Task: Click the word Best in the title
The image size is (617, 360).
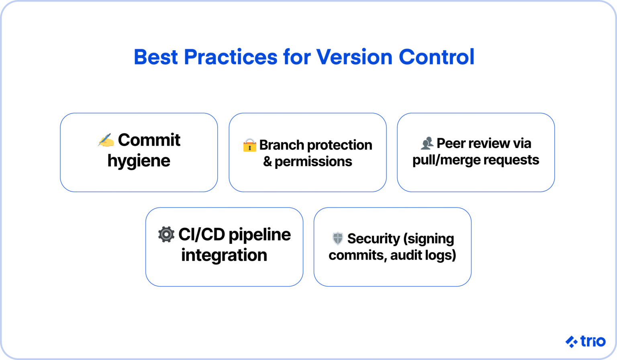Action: coord(155,57)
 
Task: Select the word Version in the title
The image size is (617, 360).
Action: coord(354,57)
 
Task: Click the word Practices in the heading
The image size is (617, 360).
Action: coord(230,57)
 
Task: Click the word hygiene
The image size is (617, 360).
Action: coord(139,161)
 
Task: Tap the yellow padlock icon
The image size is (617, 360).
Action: coord(249,145)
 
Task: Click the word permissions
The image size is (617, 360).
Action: coord(313,162)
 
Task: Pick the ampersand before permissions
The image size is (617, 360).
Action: coord(268,162)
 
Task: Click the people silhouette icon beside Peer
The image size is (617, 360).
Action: coord(427,143)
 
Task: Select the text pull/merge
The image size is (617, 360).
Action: coord(446,160)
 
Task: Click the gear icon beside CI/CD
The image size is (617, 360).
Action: coord(166,234)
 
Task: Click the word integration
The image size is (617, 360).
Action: coord(224,255)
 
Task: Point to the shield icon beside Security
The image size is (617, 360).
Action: coord(337,238)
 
